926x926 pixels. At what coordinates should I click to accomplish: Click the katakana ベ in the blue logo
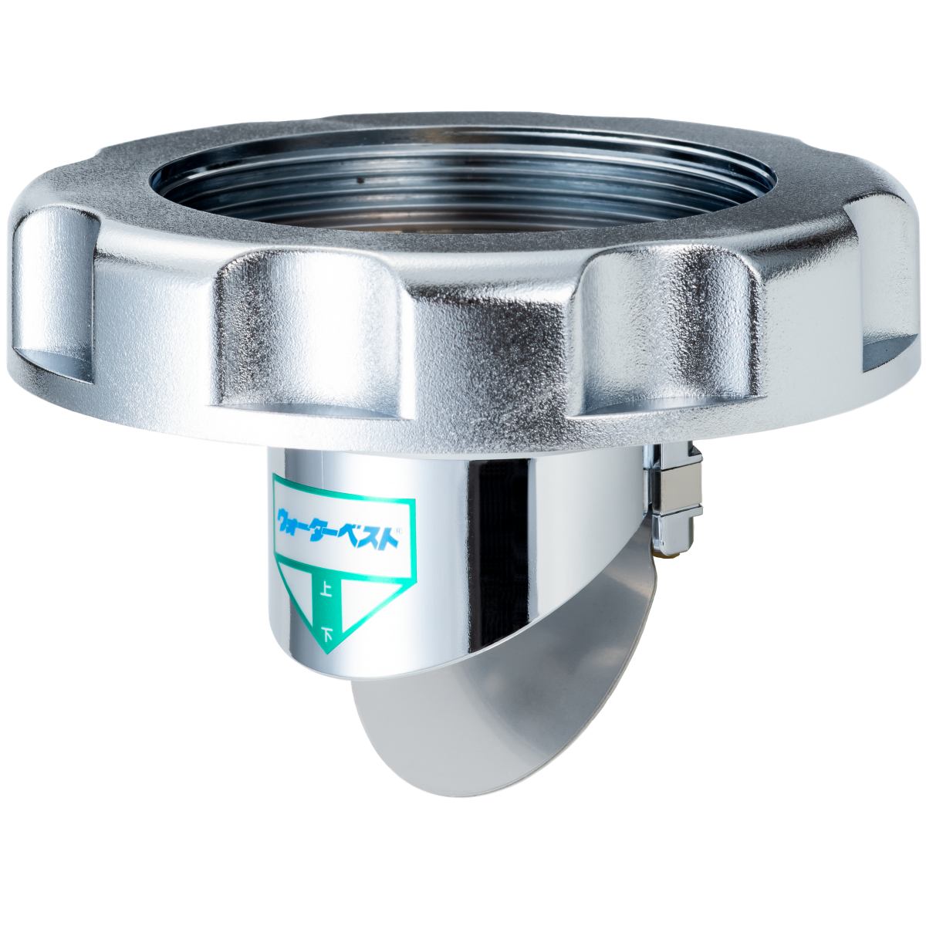(x=350, y=534)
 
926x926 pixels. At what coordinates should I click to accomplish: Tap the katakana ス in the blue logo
(x=372, y=537)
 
